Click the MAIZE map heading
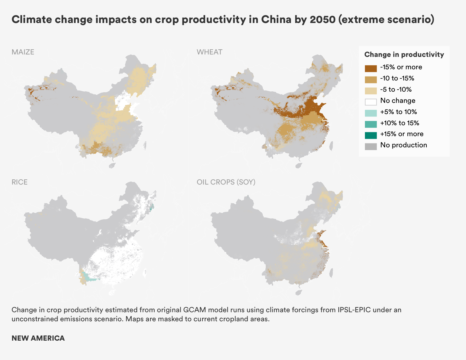pyautogui.click(x=23, y=52)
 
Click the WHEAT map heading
pyautogui.click(x=209, y=52)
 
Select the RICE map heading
pyautogui.click(x=19, y=182)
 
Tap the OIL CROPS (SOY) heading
pyautogui.click(x=226, y=182)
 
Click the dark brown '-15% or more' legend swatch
pyautogui.click(x=371, y=68)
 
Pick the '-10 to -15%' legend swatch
pyautogui.click(x=371, y=80)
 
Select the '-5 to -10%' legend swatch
pyautogui.click(x=371, y=91)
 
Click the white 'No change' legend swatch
pyautogui.click(x=371, y=102)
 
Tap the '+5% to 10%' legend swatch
pyautogui.click(x=371, y=113)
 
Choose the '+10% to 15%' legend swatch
pyautogui.click(x=371, y=124)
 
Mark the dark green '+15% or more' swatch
pyautogui.click(x=371, y=135)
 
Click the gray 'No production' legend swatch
pyautogui.click(x=371, y=146)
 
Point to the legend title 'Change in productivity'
pyautogui.click(x=404, y=54)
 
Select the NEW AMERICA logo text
pyautogui.click(x=38, y=338)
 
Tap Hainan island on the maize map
pyautogui.click(x=112, y=165)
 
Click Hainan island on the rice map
pyautogui.click(x=112, y=293)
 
